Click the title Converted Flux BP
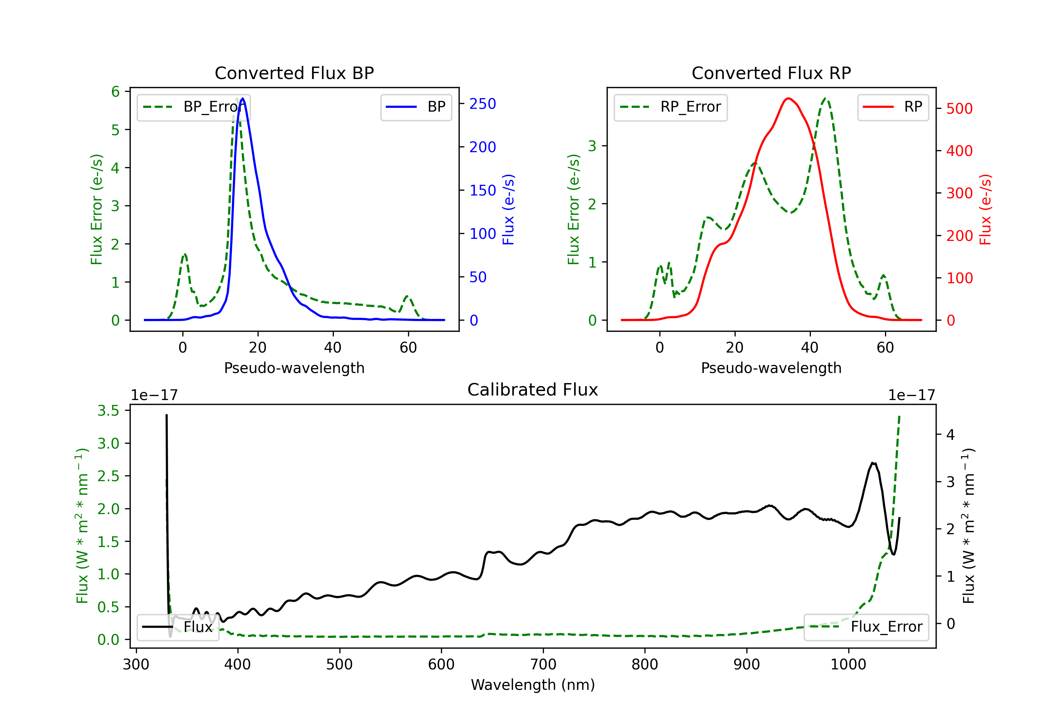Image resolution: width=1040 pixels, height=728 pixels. point(294,73)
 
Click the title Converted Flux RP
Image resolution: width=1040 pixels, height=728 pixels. point(771,73)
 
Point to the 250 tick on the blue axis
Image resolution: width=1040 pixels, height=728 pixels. point(483,104)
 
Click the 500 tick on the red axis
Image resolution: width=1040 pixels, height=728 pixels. point(959,109)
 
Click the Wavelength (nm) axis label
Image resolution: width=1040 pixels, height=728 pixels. point(533,685)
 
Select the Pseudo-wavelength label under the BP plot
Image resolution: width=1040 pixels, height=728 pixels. point(294,368)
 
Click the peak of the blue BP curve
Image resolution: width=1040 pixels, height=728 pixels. point(243,98)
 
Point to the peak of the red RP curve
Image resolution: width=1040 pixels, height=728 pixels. point(789,98)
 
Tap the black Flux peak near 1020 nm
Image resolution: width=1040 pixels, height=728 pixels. point(873,463)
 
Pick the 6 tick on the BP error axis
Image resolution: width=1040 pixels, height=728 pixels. point(115,92)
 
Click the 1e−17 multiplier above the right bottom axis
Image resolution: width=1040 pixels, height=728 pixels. point(911,395)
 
